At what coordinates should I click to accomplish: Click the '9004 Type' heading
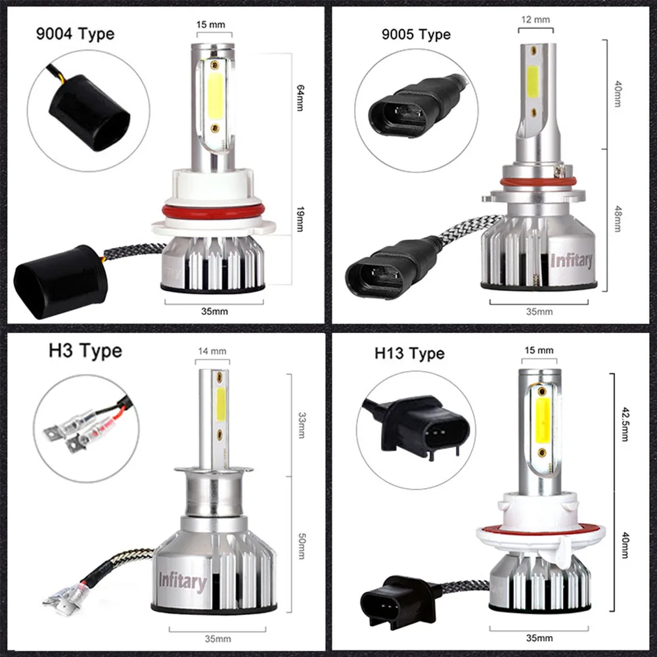click(75, 34)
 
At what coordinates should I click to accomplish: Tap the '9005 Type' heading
click(416, 34)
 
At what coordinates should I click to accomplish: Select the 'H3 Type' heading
click(85, 351)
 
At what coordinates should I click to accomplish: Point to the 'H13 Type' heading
click(409, 353)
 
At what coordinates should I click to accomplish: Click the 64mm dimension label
click(300, 98)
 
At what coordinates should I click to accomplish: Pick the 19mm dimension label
click(300, 219)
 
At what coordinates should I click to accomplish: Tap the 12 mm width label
click(535, 20)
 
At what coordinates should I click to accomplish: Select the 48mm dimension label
click(618, 219)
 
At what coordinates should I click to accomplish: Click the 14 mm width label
click(212, 351)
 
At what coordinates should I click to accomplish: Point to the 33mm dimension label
click(302, 425)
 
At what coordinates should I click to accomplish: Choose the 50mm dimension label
click(302, 546)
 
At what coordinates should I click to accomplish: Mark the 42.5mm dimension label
click(625, 424)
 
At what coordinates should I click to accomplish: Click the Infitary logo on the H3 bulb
click(183, 582)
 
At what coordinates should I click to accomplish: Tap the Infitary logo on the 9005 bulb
click(572, 261)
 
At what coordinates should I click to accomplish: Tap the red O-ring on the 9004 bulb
click(214, 212)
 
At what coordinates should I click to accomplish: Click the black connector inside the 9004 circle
click(89, 113)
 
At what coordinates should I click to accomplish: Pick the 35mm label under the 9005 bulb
click(539, 311)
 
